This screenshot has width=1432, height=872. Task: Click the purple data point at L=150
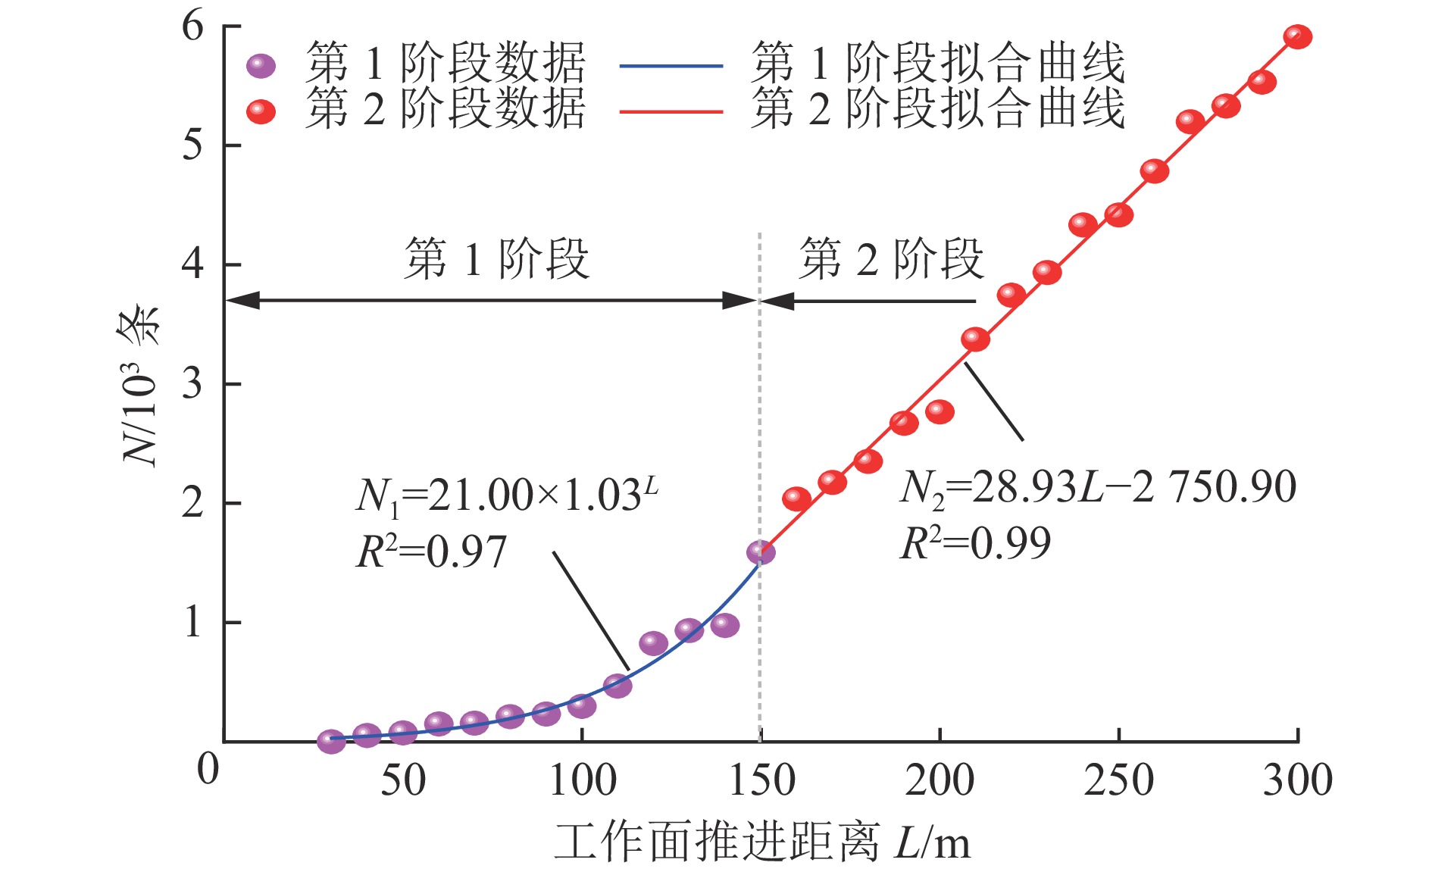pos(761,552)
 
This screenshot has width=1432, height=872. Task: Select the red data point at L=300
pos(1298,36)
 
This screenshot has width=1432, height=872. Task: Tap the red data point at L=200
pos(940,412)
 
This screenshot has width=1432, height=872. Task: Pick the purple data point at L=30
pos(331,741)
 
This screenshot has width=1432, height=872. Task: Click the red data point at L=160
pos(796,499)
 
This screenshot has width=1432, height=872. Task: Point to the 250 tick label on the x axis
pos(1118,780)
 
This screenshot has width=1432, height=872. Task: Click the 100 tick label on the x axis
pos(582,780)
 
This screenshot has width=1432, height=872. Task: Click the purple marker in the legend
pos(261,66)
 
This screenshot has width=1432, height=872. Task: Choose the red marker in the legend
pos(261,112)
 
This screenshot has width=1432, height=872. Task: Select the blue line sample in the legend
pos(671,66)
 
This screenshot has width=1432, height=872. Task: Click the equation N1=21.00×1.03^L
pos(506,496)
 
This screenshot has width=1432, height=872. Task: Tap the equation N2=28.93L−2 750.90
pos(1098,487)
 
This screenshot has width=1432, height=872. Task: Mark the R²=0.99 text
pos(975,543)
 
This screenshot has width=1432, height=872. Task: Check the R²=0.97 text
pos(430,552)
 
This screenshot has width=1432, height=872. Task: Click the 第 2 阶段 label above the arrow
pos(891,258)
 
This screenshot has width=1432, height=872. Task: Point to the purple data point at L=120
pos(653,643)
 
